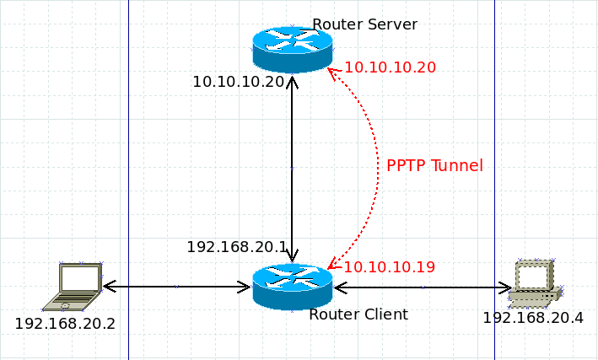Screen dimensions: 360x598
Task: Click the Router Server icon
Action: click(292, 49)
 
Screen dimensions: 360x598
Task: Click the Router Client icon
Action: click(292, 286)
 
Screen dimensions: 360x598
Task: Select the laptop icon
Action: click(75, 285)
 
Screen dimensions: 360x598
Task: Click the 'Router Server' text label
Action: click(364, 24)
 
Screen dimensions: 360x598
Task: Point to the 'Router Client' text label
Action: click(358, 314)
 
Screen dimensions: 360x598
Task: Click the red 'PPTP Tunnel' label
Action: click(434, 166)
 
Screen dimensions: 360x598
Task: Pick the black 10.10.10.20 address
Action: click(239, 82)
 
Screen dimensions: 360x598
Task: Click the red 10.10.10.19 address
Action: click(390, 267)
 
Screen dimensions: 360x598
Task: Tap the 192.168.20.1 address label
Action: click(237, 247)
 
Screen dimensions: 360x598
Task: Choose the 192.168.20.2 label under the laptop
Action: click(65, 323)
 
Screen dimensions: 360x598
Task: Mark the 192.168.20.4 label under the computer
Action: click(533, 318)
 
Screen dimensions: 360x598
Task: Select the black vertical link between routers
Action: click(292, 169)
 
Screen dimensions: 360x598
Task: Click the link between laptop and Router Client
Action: click(177, 287)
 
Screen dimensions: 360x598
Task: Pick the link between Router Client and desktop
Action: click(422, 287)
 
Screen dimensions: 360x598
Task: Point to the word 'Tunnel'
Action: click(456, 166)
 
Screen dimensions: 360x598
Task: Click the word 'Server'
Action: click(391, 24)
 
